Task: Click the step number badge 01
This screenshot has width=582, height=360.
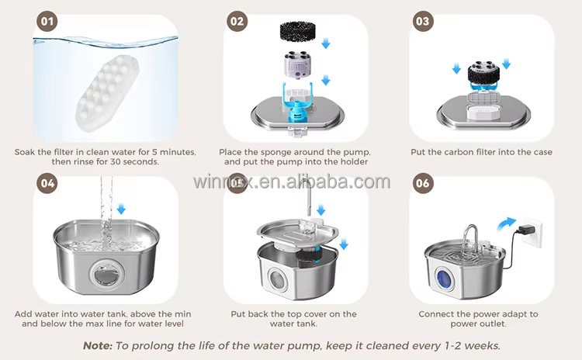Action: [48, 22]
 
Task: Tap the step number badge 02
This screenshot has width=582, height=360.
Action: [237, 22]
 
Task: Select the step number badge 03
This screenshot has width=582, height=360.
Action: [423, 22]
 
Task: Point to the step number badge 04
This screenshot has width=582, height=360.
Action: [48, 184]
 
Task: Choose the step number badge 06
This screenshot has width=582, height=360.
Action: [423, 184]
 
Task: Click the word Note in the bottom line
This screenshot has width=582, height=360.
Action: [99, 344]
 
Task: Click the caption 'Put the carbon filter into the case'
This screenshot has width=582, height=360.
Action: [481, 152]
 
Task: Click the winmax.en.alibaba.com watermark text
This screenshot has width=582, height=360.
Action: [291, 182]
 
